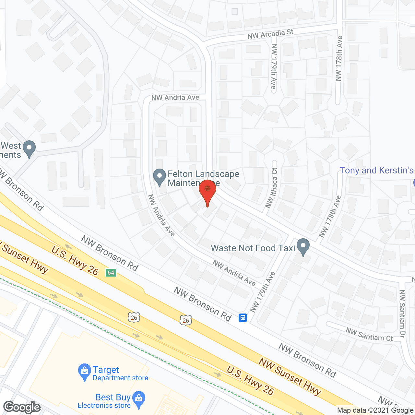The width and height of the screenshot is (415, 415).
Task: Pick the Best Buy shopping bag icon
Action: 139,399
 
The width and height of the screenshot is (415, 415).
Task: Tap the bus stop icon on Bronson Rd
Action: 243,318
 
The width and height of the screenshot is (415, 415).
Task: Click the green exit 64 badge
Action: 111,273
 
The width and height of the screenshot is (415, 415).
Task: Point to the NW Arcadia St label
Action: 270,34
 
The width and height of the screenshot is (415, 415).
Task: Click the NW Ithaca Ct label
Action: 272,188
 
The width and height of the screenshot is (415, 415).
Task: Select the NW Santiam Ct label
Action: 369,335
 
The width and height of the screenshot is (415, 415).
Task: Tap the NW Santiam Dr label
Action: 402,314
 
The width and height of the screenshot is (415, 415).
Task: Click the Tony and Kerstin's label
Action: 376,171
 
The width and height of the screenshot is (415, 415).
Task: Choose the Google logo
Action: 22,407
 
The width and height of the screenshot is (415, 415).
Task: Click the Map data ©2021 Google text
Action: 375,410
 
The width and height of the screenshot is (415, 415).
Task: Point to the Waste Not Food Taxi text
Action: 253,248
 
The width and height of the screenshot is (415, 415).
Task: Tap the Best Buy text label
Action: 113,397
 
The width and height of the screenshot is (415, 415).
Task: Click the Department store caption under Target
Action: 120,378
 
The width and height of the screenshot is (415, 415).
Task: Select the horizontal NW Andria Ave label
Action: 175,98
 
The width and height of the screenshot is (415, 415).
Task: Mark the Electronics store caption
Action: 104,406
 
